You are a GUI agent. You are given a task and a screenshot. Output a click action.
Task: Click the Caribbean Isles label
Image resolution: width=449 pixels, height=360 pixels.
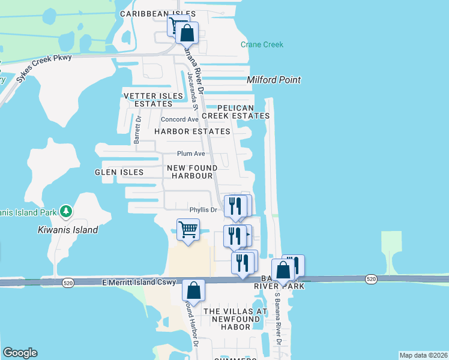tap(158, 13)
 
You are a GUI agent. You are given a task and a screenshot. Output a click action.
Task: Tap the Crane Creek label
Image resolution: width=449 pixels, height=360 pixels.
tap(262, 44)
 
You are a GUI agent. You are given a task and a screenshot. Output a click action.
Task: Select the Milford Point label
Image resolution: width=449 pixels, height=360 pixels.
tap(274, 80)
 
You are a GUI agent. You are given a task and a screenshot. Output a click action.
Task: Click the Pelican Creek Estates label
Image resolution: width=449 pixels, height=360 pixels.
tap(235, 111)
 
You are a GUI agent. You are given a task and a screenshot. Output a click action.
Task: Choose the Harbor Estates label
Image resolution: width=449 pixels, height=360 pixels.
tap(192, 131)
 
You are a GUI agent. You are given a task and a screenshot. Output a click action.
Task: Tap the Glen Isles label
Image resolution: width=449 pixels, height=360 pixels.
tap(119, 172)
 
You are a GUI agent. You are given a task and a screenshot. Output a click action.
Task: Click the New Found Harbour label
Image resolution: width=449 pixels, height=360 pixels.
tap(192, 172)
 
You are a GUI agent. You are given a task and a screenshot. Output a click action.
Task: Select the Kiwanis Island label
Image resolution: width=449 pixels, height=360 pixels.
tap(68, 230)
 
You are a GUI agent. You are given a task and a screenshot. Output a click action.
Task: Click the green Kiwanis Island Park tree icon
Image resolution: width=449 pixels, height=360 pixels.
tap(66, 211)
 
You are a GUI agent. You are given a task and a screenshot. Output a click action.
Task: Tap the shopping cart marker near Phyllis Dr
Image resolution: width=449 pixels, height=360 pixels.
tap(188, 230)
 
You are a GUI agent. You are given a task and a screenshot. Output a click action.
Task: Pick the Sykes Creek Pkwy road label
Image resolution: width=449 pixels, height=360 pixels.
tap(44, 64)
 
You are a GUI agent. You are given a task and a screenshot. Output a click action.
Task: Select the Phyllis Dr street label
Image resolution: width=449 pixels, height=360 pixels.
tap(202, 210)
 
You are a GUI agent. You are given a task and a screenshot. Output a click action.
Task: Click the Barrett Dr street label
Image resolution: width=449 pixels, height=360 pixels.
tap(137, 130)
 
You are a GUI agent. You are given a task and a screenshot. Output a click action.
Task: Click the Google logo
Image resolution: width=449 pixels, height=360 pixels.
tap(20, 353)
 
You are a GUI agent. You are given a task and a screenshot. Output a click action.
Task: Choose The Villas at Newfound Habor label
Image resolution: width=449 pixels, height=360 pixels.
tap(235, 319)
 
